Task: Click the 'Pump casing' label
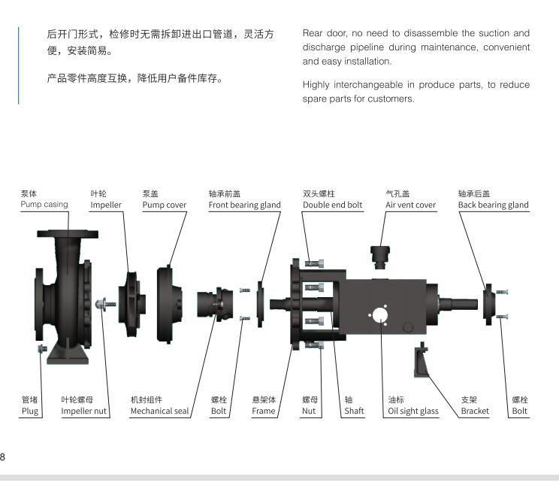tap(44, 205)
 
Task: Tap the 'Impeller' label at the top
tap(106, 205)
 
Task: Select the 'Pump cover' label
tap(165, 205)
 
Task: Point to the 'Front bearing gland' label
tap(244, 205)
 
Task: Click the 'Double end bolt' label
tap(332, 205)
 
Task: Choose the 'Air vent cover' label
tap(410, 205)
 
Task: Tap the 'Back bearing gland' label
tap(493, 205)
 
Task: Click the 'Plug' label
tap(29, 411)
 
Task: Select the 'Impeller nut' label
tap(84, 411)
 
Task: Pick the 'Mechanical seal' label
tap(159, 411)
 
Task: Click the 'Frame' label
tap(264, 411)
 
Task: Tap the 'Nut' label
tap(308, 411)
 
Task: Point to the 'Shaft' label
tap(354, 411)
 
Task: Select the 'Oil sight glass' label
tap(412, 411)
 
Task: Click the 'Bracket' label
tap(474, 411)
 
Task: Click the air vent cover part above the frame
tap(382, 256)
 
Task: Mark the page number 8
tap(3, 457)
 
